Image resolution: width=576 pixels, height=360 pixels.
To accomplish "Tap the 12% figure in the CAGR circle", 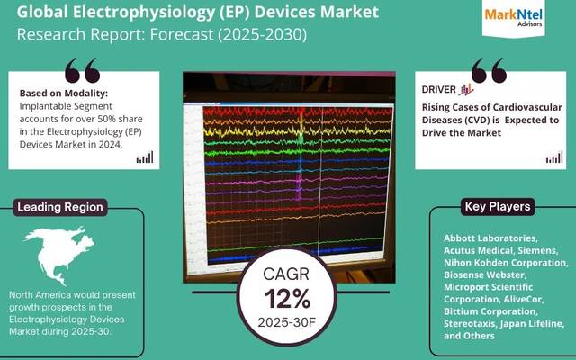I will click(x=289, y=298).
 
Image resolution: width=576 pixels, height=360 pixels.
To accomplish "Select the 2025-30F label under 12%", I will click(x=289, y=322).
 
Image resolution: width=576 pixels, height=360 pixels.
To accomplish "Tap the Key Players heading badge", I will click(x=497, y=207).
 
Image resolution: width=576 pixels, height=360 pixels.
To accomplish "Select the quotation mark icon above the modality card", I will click(x=82, y=70).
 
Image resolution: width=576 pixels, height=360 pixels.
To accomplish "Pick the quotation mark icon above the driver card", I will click(x=490, y=70).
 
